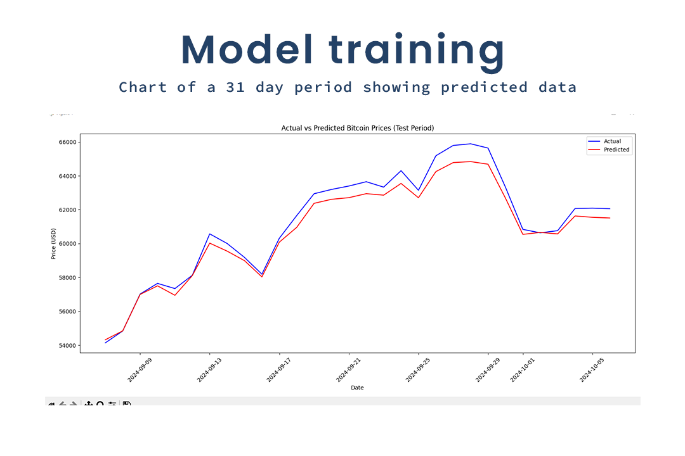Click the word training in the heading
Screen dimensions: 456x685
tap(417, 51)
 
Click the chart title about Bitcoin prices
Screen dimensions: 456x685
tap(357, 128)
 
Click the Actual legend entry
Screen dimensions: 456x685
tap(612, 141)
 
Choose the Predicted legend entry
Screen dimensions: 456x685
tap(616, 150)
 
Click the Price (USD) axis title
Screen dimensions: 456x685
tap(54, 244)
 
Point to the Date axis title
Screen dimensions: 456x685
tap(357, 388)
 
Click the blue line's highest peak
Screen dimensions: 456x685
tap(470, 144)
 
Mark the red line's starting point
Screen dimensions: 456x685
tap(105, 340)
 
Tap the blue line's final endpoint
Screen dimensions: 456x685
tap(610, 208)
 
